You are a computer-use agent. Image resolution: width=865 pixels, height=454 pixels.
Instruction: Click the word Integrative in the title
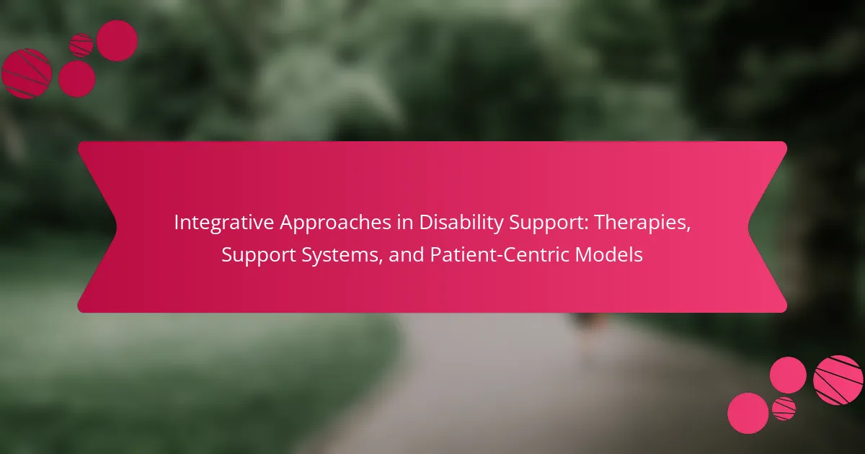(x=224, y=223)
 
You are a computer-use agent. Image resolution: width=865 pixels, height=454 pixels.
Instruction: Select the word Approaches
(x=335, y=223)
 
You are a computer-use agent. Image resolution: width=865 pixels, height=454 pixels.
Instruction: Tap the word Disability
(x=461, y=223)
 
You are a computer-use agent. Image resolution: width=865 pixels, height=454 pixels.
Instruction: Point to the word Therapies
(x=642, y=223)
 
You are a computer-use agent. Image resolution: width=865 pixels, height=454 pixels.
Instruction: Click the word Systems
(x=342, y=256)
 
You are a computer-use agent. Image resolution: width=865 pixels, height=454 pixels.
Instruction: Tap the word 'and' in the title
(x=407, y=255)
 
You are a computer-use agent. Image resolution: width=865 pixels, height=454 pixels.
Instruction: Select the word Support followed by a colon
(x=549, y=224)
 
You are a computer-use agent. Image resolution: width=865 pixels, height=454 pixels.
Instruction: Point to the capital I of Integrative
(x=177, y=223)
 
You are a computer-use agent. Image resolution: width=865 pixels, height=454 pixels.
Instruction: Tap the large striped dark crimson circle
(x=26, y=74)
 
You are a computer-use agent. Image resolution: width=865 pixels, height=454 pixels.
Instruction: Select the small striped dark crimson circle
(x=81, y=45)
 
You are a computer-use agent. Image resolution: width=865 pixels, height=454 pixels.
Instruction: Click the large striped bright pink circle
(x=838, y=380)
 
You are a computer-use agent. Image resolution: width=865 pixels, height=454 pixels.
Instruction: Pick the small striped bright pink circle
(x=784, y=409)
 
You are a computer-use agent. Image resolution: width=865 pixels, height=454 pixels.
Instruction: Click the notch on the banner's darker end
(x=116, y=227)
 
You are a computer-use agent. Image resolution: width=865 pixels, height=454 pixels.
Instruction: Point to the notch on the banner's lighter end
(x=749, y=227)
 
